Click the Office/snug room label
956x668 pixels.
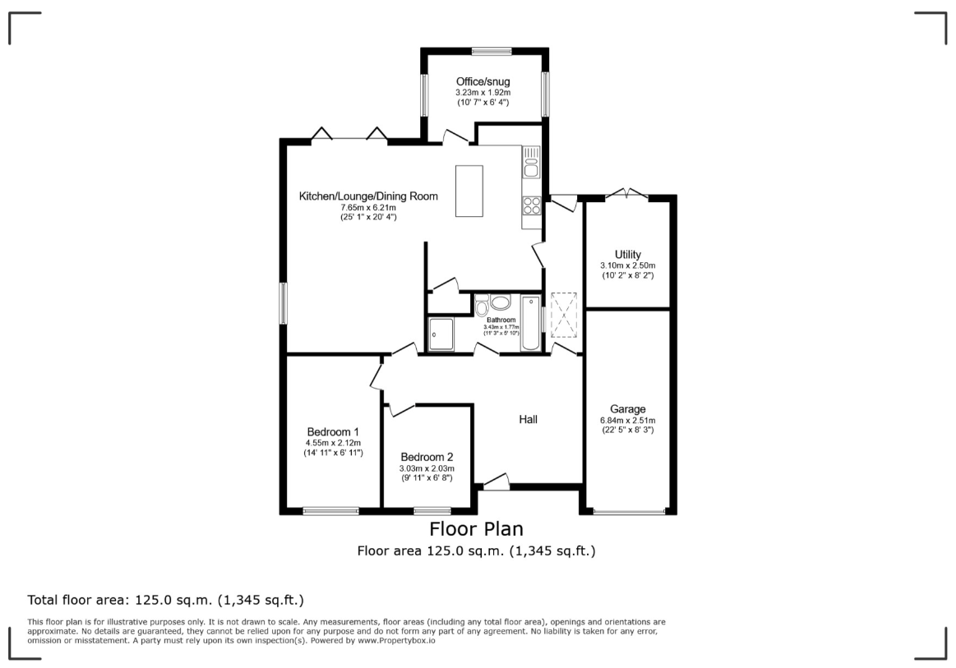pos(483,81)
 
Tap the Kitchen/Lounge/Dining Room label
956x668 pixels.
pos(368,196)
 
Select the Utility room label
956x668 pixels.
pos(627,255)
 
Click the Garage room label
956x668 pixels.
pos(627,409)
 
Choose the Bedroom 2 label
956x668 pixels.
pos(427,457)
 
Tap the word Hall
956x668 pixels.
pos(528,419)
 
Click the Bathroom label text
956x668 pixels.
pos(501,320)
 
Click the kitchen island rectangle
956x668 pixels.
pos(469,191)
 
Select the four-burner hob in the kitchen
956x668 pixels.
pos(531,205)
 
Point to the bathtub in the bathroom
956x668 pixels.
pos(530,323)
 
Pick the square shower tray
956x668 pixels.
pos(441,334)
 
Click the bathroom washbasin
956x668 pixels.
pos(501,302)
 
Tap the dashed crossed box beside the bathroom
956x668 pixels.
pos(563,315)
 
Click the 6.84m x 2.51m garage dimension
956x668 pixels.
pos(628,421)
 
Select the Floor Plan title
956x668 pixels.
pos(477,528)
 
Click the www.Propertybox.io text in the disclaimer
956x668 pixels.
pos(396,641)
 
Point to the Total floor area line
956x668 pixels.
pos(166,601)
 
